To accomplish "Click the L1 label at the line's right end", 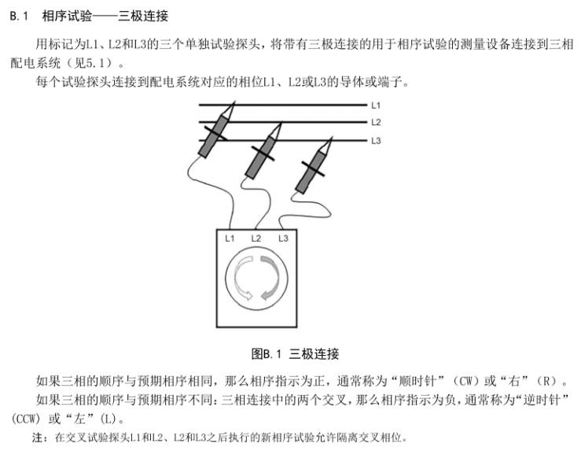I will click(x=376, y=105).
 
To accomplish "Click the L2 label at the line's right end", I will click(x=376, y=122).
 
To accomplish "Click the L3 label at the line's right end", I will click(x=376, y=140).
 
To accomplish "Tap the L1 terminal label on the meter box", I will click(x=230, y=238).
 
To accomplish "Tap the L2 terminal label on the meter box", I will click(x=256, y=238).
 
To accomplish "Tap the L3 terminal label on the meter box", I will click(x=283, y=238).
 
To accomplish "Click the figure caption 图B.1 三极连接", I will click(x=295, y=353).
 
